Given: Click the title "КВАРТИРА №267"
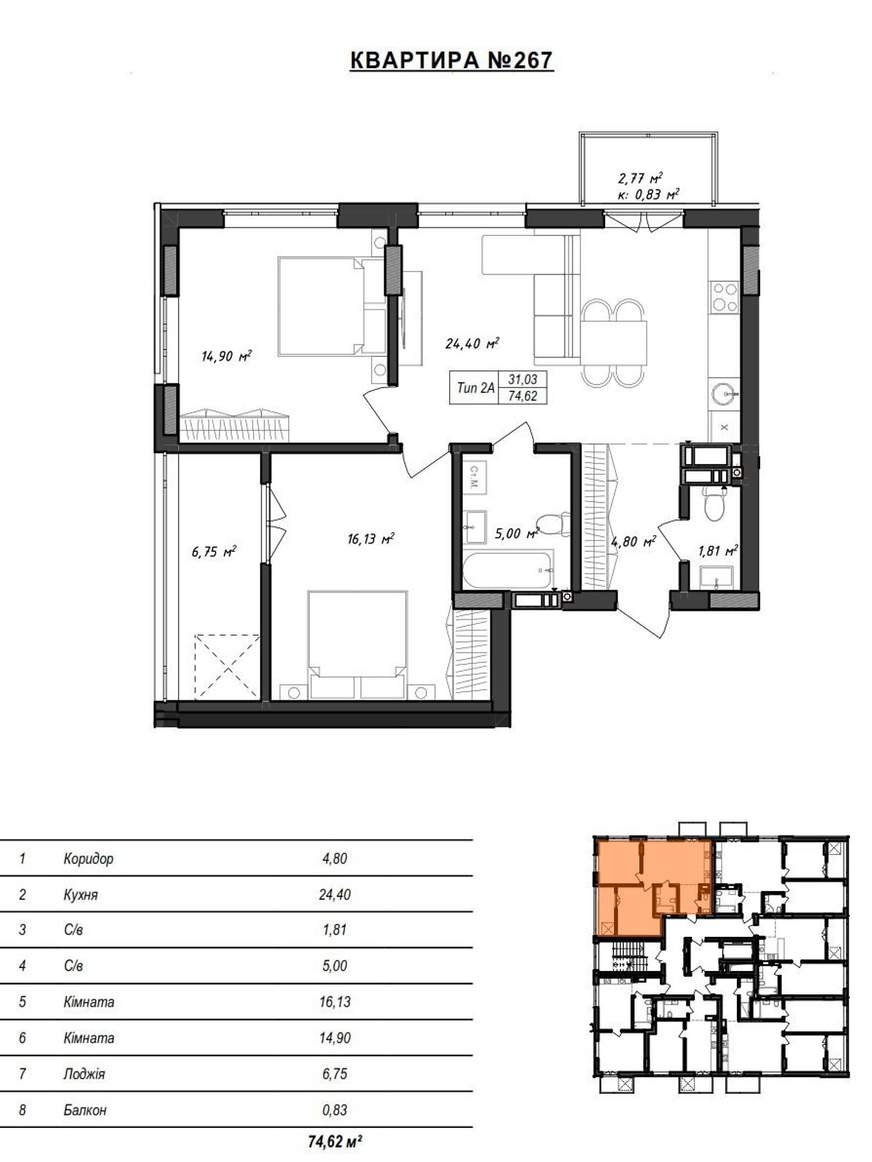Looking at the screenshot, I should (x=451, y=61).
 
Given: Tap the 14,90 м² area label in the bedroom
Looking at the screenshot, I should (x=226, y=356).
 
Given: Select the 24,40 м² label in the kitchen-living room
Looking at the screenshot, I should (x=472, y=343).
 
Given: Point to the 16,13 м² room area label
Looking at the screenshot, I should (x=370, y=539).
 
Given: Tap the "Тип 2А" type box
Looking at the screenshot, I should (x=475, y=388).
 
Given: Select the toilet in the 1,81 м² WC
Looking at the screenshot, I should (x=713, y=503).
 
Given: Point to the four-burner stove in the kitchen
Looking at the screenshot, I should (x=724, y=296).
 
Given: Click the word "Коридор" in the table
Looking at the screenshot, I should (x=89, y=859).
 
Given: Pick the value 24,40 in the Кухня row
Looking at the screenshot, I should (x=334, y=895).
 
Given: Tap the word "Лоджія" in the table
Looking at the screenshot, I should (x=84, y=1073).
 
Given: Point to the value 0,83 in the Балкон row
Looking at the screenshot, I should (x=334, y=1110).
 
